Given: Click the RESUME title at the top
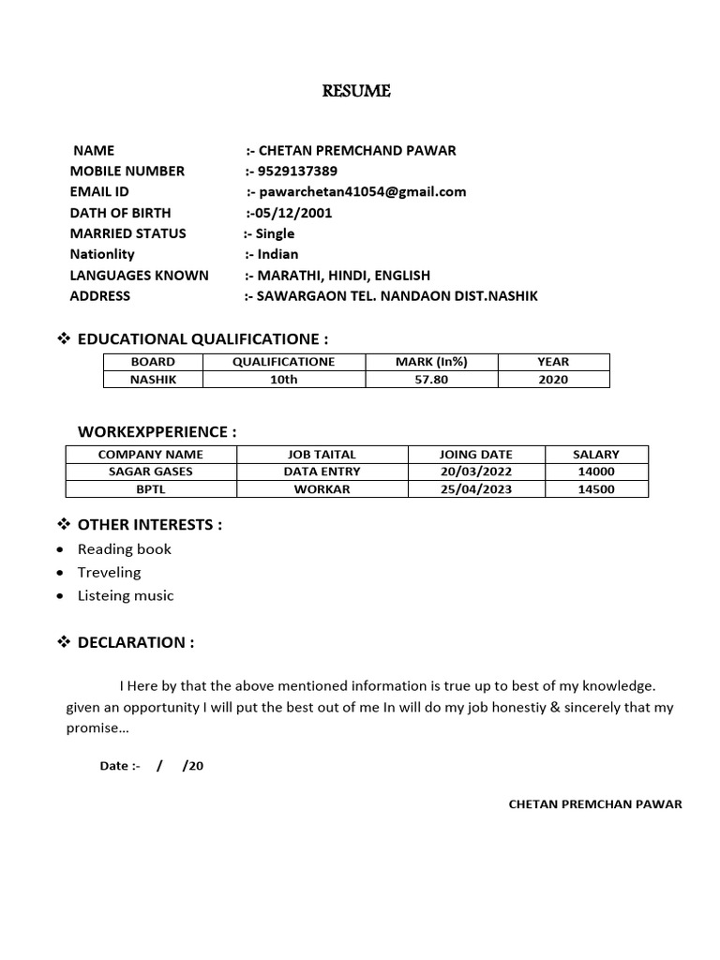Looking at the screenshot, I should pos(356,91).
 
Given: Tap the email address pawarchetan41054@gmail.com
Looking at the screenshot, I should pos(362,191).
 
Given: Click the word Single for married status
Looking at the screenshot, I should pos(275,233).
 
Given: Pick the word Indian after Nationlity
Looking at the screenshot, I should pos(277,254).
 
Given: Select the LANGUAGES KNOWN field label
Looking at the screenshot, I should pos(139,275).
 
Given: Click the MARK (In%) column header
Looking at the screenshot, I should pos(431,362).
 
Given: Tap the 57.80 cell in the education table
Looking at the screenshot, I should pos(431,380).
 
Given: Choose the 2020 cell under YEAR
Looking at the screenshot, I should pos(553,380).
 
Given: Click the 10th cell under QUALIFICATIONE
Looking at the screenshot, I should pos(283,380).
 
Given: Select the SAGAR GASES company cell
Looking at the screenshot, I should pos(150,472).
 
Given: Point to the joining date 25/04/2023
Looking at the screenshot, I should pos(476,489).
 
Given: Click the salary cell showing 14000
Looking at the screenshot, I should pos(596,472).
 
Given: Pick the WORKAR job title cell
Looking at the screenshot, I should pos(322,489).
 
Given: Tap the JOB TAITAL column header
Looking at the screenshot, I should pos(322,455).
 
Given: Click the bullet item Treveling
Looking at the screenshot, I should pos(109,572).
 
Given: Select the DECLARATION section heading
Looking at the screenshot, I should pos(136,642).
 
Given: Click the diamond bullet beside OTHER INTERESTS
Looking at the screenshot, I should pos(65,524).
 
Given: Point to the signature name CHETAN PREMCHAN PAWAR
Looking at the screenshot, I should pos(594,804).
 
